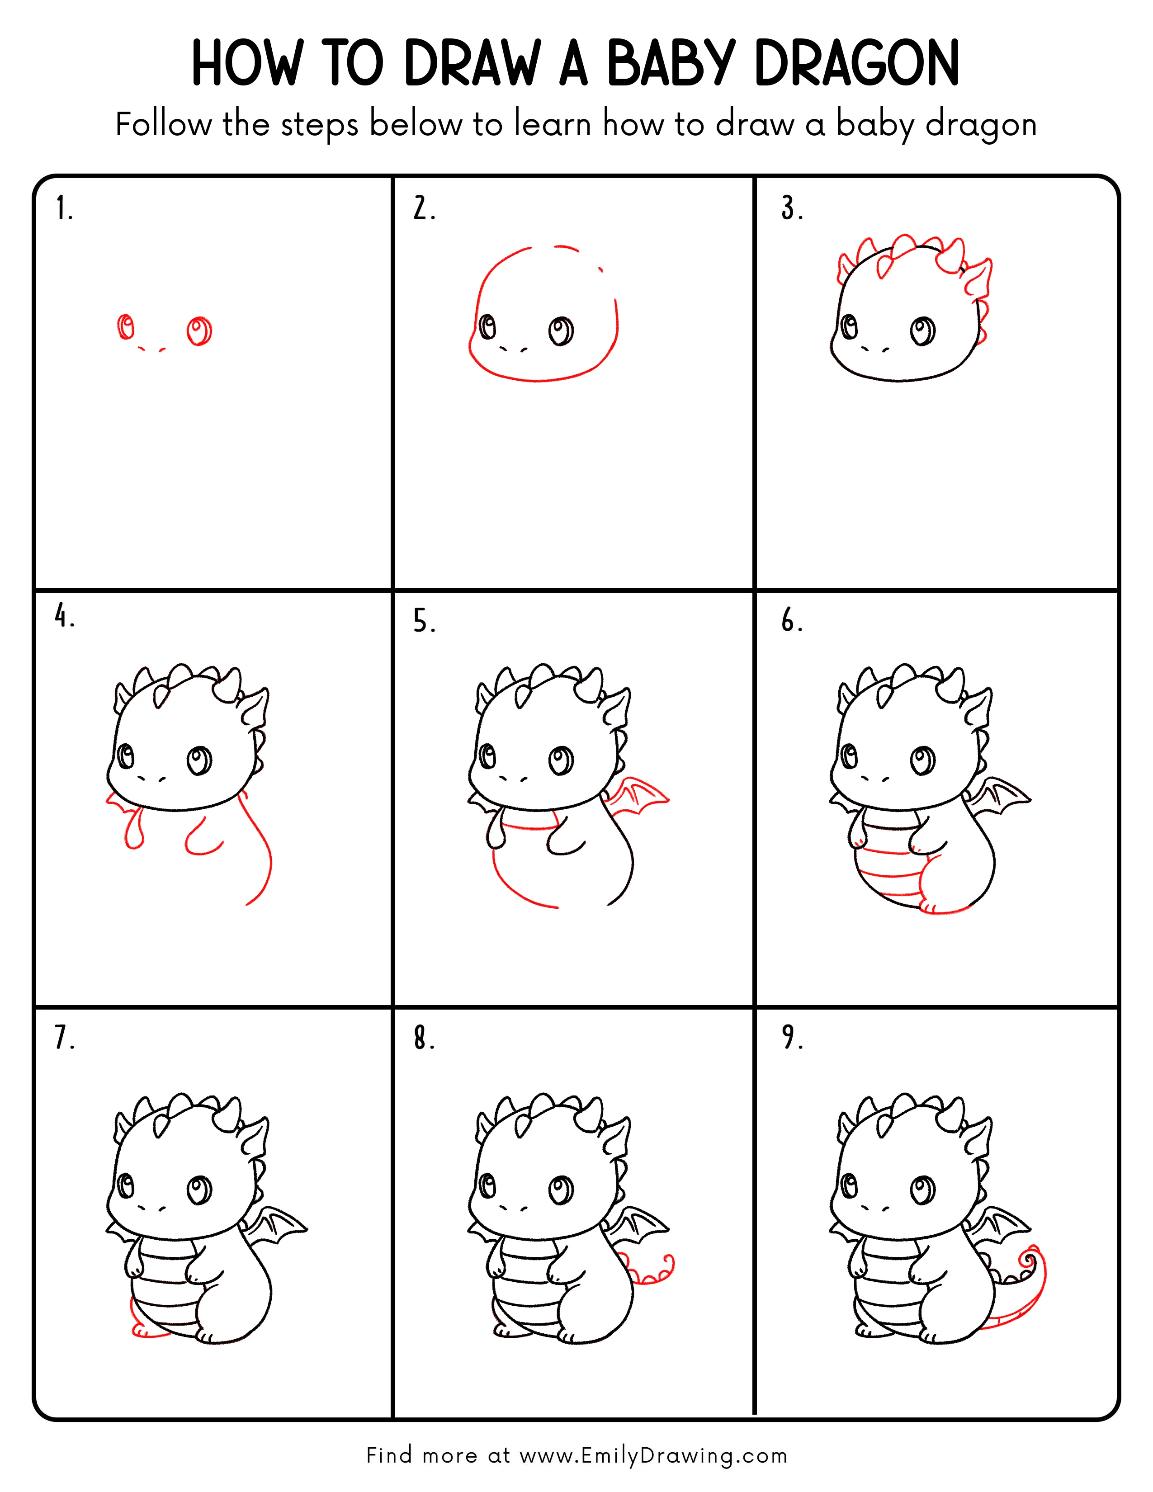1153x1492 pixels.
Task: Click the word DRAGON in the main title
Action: pos(857,64)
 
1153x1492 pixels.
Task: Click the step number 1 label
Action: pos(63,208)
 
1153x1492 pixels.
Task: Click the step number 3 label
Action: pos(792,208)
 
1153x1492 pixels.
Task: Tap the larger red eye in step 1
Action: pos(199,331)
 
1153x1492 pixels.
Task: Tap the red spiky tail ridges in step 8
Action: pos(649,1271)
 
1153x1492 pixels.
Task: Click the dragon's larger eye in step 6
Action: pos(923,760)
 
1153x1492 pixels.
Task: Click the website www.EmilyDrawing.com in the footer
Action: pos(653,1455)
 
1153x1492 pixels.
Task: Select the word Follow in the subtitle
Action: pos(163,125)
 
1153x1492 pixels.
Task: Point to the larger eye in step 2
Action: pos(562,331)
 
